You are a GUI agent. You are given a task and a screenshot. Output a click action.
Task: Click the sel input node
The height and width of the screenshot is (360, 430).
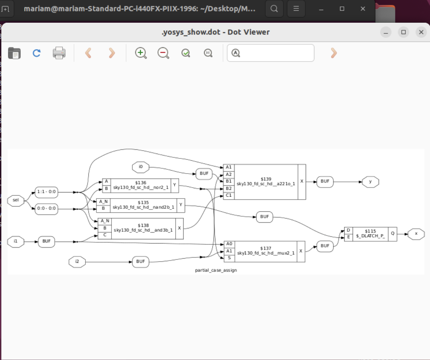click(15, 200)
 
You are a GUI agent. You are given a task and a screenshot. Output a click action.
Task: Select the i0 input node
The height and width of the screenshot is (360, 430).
click(141, 166)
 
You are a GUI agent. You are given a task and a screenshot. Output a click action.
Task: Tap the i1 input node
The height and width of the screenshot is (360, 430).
click(15, 241)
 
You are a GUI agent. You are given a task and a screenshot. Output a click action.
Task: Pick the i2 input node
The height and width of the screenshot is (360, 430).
click(77, 261)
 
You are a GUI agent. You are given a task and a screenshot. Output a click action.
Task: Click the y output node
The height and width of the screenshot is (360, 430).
click(370, 182)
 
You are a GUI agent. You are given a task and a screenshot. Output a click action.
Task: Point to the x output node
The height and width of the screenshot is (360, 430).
click(416, 234)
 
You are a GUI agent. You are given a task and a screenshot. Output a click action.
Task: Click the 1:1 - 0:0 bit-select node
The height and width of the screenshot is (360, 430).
click(46, 192)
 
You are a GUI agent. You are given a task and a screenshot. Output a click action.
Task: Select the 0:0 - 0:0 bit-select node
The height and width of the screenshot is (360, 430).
click(46, 209)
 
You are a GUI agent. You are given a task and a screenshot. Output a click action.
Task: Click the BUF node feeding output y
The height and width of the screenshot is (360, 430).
click(325, 182)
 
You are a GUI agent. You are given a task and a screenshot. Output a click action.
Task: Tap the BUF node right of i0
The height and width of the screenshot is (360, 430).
click(204, 174)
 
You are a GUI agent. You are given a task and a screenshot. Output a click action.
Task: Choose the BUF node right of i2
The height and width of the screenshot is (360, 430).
click(141, 261)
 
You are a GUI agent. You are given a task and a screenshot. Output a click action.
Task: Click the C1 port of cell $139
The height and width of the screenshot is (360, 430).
click(229, 196)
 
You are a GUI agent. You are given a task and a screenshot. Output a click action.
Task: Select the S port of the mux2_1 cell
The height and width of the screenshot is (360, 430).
click(229, 258)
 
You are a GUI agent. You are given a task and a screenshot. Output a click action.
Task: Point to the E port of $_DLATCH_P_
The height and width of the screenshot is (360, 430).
click(348, 237)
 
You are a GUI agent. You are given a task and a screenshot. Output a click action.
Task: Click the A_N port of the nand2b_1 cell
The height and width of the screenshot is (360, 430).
click(104, 202)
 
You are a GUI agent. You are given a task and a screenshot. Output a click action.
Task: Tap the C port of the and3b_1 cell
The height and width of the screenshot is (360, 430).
click(105, 235)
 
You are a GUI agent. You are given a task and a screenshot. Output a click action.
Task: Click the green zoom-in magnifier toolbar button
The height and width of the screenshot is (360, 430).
click(141, 53)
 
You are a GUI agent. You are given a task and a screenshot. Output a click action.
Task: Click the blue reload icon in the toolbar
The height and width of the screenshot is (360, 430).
click(37, 53)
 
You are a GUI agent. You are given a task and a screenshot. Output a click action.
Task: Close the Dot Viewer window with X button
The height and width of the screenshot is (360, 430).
click(421, 32)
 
